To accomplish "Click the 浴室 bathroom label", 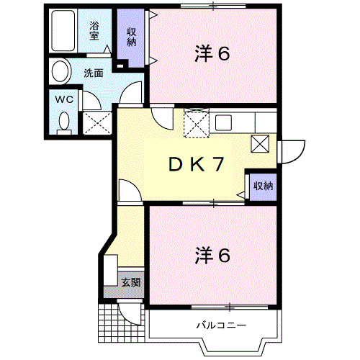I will point(95,30).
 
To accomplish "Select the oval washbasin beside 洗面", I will point(60,71).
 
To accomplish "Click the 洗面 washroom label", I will point(92,73).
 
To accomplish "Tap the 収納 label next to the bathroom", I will point(132,36).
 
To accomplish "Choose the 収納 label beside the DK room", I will point(263,186).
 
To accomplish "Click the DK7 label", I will point(196,163).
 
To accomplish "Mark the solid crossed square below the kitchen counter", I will point(259,144).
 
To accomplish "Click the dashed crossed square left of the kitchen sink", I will point(196,124).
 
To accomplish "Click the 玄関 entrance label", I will point(130,282).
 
